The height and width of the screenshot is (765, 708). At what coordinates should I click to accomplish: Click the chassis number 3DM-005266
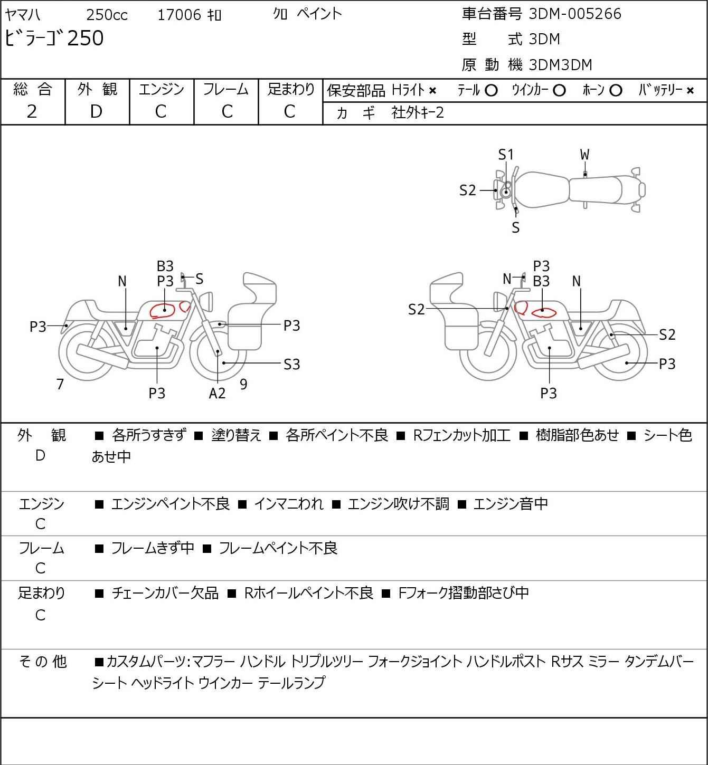[x=574, y=14]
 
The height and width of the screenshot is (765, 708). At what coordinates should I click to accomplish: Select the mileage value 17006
[x=179, y=15]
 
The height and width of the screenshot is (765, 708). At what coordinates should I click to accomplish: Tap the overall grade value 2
[x=32, y=112]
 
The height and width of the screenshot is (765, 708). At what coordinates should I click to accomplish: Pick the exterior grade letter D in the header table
[x=96, y=112]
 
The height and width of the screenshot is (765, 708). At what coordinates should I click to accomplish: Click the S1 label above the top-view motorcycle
[x=506, y=155]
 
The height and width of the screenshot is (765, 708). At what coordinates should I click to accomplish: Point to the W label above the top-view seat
[x=584, y=155]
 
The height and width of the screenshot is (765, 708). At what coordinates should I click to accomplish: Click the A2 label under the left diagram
[x=217, y=393]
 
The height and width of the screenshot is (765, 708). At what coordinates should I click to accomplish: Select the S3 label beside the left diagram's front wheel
[x=291, y=364]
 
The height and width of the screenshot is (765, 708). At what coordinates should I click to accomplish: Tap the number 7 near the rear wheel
[x=60, y=384]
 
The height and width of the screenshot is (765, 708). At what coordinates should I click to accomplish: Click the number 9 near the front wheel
[x=243, y=384]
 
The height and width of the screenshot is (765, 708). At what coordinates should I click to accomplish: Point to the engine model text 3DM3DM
[x=560, y=65]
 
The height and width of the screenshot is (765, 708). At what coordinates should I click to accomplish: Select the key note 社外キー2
[x=418, y=113]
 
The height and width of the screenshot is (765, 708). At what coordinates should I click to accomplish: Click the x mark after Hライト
[x=432, y=91]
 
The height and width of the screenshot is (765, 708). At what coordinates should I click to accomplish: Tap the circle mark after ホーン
[x=616, y=91]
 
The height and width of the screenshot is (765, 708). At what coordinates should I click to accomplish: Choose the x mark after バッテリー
[x=690, y=91]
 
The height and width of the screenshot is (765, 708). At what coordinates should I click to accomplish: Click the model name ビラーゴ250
[x=54, y=38]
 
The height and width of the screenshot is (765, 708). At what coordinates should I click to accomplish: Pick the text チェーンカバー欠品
[x=165, y=593]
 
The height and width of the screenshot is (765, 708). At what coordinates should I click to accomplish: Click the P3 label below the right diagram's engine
[x=549, y=393]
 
